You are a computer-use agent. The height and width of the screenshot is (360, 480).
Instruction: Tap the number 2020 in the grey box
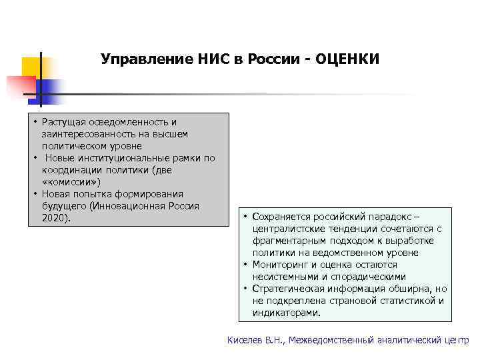(54, 218)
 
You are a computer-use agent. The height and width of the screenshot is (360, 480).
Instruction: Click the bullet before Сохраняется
(245, 217)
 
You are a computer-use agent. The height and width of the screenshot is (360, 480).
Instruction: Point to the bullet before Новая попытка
(34, 194)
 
